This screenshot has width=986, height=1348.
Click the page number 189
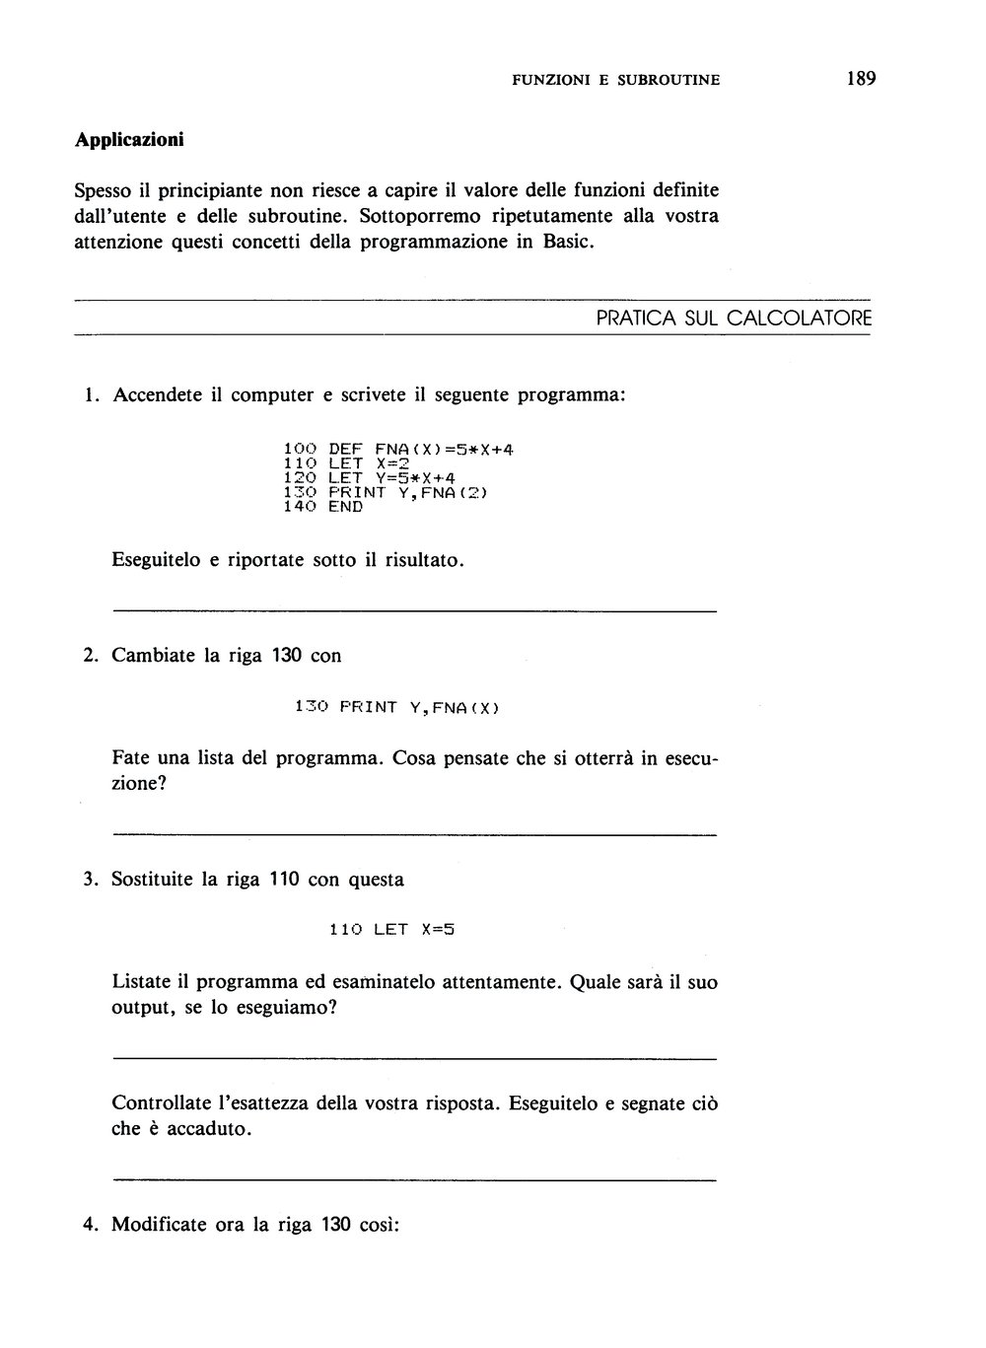860,79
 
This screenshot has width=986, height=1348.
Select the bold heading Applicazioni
129,140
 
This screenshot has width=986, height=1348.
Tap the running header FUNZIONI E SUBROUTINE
615,80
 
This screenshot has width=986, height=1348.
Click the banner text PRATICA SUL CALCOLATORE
734,319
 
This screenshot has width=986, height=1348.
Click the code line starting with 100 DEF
398,450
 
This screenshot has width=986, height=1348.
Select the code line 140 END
322,507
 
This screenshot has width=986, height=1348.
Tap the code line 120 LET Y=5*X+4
369,478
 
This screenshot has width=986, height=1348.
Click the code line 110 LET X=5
392,929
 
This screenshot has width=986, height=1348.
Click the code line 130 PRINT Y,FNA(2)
386,492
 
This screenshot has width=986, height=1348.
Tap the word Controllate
160,1103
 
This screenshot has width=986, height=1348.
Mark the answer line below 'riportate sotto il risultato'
414,612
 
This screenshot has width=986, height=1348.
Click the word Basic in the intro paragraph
566,242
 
